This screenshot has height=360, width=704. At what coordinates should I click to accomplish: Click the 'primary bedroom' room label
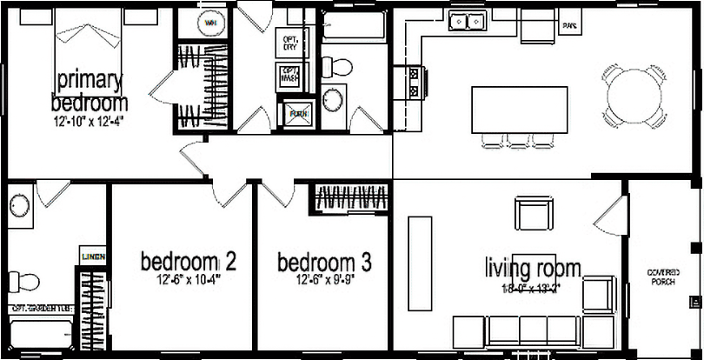tap(88, 90)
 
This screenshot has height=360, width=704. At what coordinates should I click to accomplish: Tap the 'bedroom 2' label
tap(189, 261)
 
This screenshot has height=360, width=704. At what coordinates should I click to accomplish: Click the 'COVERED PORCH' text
tap(664, 277)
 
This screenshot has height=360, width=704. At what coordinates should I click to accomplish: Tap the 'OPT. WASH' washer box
tap(289, 77)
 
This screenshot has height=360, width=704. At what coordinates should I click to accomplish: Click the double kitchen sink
tap(467, 21)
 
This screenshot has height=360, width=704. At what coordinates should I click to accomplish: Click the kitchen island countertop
tap(519, 109)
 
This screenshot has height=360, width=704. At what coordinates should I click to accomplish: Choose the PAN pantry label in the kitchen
tap(570, 25)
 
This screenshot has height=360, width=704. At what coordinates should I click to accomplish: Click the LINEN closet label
tap(93, 257)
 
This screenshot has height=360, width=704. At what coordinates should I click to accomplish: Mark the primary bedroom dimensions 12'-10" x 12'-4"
tap(88, 121)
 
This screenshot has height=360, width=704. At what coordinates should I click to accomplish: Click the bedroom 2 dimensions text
tap(189, 280)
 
